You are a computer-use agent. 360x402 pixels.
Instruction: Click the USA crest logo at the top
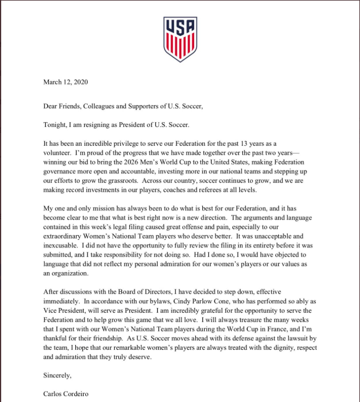coord(180,39)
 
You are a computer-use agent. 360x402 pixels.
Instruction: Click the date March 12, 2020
coord(66,82)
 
